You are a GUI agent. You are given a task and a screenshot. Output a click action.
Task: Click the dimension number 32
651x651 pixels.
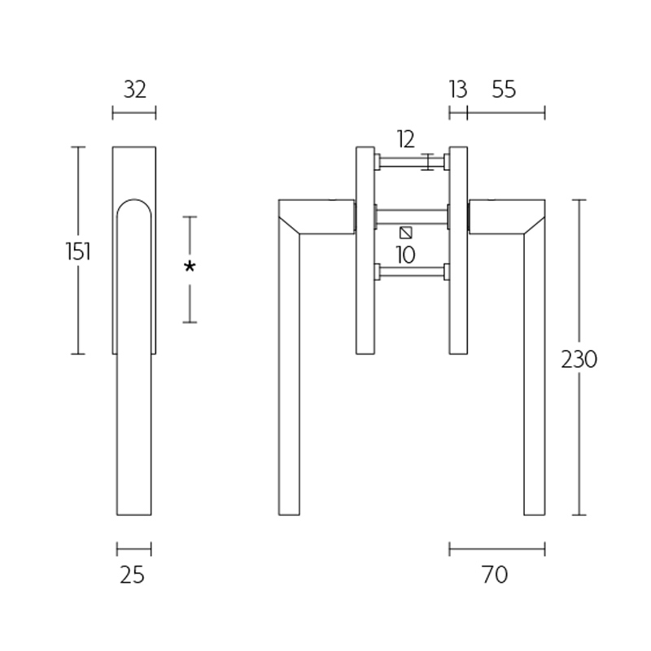point(134,90)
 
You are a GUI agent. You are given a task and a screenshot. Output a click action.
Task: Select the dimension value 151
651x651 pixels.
point(78,251)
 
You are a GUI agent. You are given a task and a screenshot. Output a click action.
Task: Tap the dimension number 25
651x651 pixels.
point(132,575)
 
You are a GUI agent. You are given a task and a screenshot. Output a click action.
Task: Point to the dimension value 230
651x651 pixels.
point(579,359)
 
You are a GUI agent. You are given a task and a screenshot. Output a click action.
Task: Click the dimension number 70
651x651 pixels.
point(495,575)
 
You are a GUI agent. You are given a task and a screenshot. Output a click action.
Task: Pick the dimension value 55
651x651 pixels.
point(504,90)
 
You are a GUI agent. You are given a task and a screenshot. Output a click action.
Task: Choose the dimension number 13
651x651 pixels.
point(458,90)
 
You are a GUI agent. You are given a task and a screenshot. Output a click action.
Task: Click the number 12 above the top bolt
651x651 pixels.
point(406,138)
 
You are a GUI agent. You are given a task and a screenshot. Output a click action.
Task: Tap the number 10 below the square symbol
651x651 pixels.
point(405,255)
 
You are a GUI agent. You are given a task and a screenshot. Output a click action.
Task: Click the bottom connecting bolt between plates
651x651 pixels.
point(412,273)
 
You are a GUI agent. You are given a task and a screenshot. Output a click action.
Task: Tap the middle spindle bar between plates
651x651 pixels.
point(412,216)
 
